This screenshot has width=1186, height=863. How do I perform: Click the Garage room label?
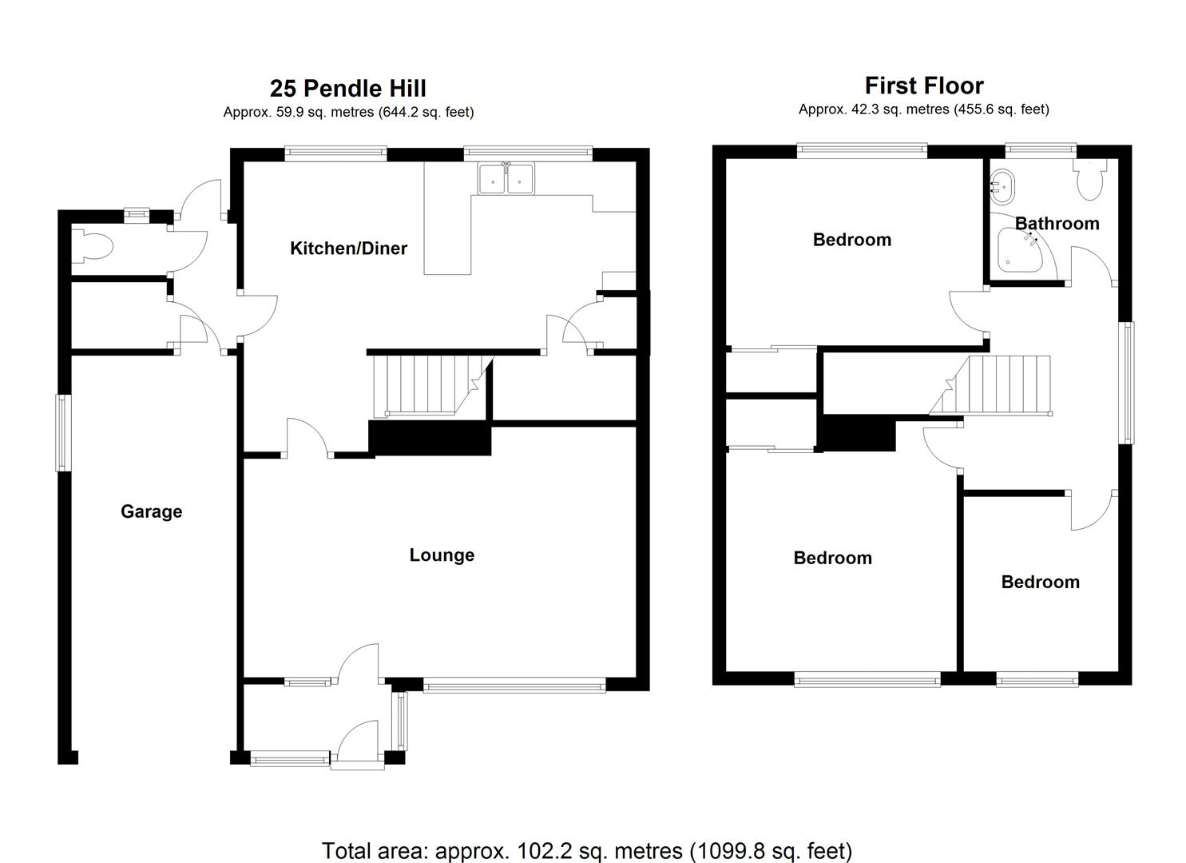pos(152,511)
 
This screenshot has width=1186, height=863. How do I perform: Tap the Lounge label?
pos(442,555)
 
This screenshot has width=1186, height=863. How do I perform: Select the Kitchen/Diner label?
pos(349,248)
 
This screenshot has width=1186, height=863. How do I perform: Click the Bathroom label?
pos(1057,224)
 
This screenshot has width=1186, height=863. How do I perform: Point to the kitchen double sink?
pos(506,178)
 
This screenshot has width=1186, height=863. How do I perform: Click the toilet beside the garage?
pos(92,246)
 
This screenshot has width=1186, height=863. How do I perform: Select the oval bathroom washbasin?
pos(1002,186)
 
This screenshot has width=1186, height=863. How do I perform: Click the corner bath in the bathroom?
pos(1020,250)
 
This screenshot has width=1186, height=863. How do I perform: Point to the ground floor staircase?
pos(433,386)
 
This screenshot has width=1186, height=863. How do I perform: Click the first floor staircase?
pos(990,385)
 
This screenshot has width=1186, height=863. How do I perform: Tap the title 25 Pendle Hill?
pos(348,89)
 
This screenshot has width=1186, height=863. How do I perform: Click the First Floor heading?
pos(924,86)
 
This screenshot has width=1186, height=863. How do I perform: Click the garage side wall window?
pos(64,432)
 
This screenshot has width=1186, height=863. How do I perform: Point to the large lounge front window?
pos(514,685)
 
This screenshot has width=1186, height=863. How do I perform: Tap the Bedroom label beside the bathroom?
pos(852,240)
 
